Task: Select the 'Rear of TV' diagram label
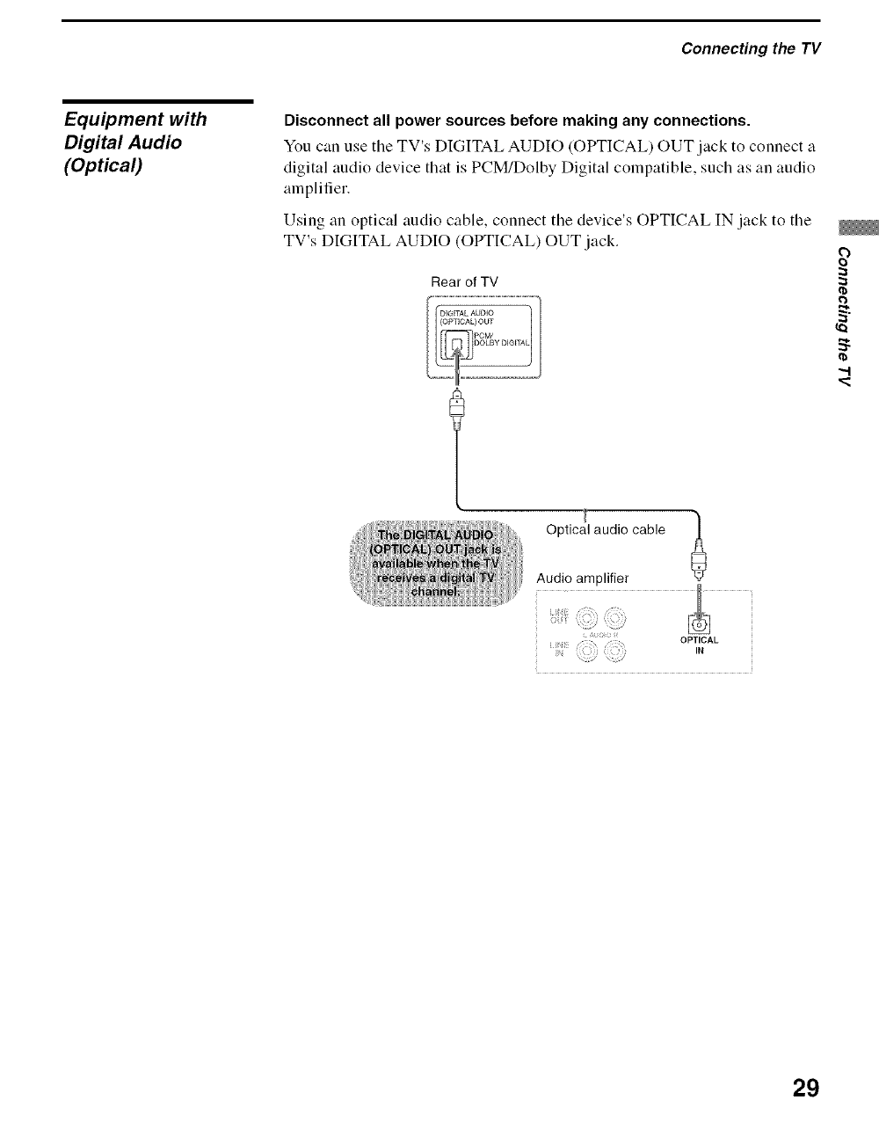(x=464, y=282)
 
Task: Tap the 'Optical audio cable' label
(x=605, y=529)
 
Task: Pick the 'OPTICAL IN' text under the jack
(x=700, y=645)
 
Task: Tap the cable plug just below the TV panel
(x=457, y=408)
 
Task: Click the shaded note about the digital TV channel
(x=436, y=563)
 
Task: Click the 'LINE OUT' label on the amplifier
(x=557, y=615)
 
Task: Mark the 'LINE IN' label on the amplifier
(x=556, y=651)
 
